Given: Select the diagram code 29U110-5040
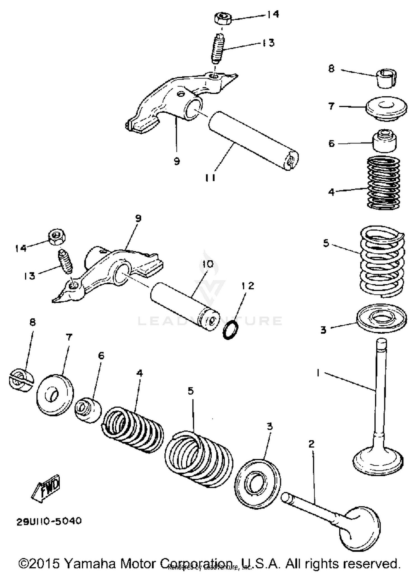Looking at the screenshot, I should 49,521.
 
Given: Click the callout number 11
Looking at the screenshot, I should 210,178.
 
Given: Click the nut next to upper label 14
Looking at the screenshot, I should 223,18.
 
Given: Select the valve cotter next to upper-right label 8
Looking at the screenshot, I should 386,78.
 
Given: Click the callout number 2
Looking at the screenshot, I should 311,444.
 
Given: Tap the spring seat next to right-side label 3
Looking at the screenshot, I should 382,318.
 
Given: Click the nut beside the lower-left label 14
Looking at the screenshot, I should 57,237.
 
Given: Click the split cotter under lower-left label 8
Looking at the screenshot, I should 21,380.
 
